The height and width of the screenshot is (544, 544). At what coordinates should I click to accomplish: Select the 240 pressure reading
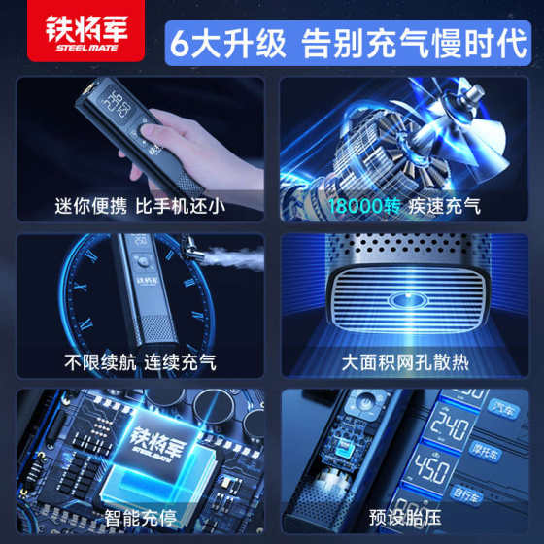(453, 425)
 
